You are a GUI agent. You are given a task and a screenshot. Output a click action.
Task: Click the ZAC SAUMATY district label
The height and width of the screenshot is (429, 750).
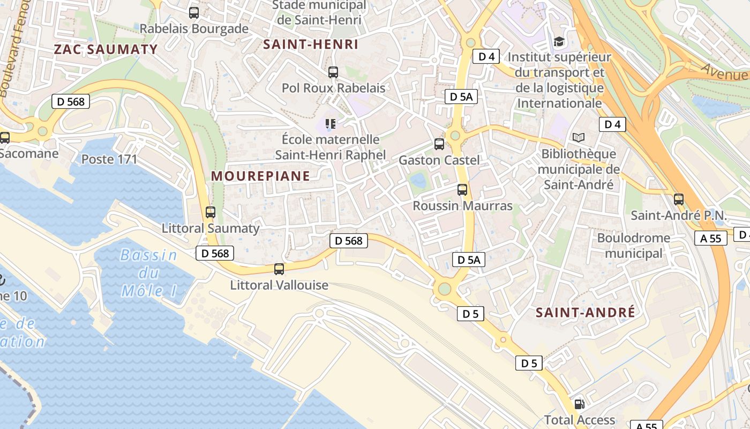click(x=106, y=49)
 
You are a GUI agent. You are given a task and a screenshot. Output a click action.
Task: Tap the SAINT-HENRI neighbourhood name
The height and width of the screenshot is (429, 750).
click(x=311, y=45)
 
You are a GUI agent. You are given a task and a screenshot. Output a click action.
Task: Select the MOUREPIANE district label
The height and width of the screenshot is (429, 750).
click(x=260, y=176)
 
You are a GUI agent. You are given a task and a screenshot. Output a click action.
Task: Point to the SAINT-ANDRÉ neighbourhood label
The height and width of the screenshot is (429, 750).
click(x=586, y=312)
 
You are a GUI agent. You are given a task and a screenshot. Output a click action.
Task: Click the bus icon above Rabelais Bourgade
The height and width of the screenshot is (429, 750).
click(x=194, y=13)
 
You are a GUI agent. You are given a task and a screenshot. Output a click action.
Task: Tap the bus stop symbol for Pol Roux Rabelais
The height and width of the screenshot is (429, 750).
click(x=333, y=72)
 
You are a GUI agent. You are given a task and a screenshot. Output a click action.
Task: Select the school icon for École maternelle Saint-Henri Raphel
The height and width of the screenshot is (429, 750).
click(x=331, y=124)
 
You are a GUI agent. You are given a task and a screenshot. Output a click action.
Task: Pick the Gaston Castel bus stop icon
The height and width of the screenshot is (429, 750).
click(x=439, y=144)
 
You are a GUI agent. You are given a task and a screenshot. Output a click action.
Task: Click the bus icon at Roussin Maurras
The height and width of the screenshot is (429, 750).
click(x=462, y=189)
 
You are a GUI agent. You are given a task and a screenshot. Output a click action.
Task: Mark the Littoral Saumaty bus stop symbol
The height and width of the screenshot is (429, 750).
click(x=211, y=212)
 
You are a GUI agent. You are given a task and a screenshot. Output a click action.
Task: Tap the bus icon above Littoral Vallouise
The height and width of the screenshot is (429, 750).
click(x=279, y=269)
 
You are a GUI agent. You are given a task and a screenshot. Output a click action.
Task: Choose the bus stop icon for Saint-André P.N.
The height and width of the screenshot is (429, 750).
click(x=679, y=199)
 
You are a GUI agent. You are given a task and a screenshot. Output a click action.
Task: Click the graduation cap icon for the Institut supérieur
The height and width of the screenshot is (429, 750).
click(x=559, y=41)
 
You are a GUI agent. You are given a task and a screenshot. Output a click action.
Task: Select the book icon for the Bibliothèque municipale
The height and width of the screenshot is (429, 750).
click(x=579, y=138)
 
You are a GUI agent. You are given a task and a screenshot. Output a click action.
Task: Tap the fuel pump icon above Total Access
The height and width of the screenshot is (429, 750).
click(x=579, y=404)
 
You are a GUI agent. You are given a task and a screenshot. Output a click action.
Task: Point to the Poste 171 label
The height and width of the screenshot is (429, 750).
click(x=109, y=159)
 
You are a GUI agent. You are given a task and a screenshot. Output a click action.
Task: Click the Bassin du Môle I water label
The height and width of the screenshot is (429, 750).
click(x=148, y=273)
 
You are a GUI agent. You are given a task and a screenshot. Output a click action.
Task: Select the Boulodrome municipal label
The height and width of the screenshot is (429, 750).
click(x=634, y=245)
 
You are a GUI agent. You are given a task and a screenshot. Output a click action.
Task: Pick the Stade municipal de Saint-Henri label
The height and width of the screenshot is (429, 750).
click(x=320, y=13)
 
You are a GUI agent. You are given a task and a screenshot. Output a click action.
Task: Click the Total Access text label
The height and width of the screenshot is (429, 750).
click(x=580, y=420)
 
